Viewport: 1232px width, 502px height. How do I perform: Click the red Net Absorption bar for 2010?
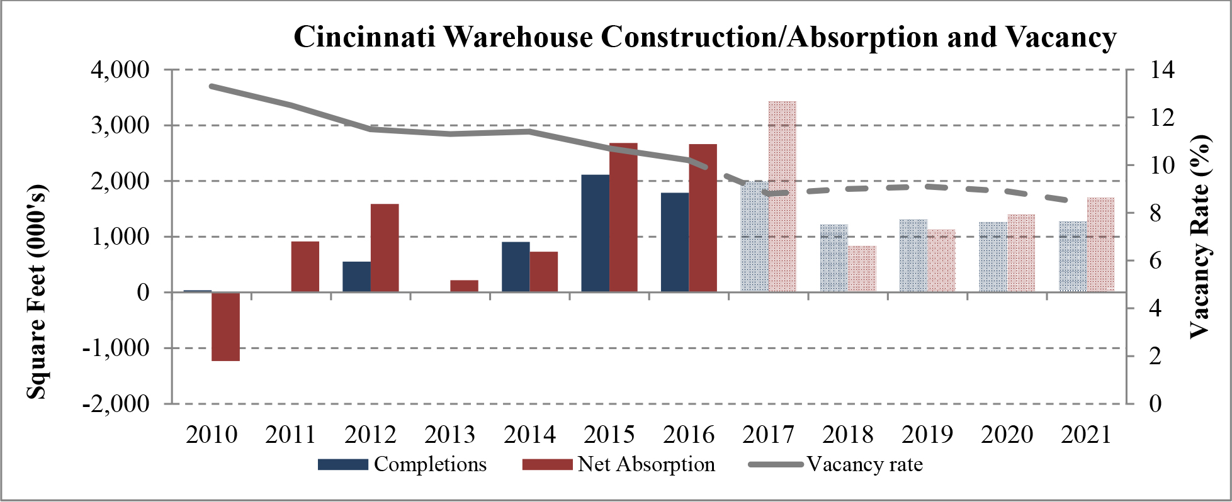coord(225,326)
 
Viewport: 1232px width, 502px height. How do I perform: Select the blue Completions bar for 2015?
coord(595,233)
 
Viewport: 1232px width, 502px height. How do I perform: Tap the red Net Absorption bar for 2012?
coord(385,248)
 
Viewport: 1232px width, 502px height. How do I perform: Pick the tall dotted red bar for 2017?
coord(783,196)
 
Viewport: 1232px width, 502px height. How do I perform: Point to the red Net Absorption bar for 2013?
coord(464,286)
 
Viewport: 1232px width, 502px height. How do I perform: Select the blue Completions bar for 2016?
coord(675,242)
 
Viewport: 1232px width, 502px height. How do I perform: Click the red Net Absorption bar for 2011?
coord(305,267)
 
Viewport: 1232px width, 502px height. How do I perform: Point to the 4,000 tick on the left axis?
coord(120,70)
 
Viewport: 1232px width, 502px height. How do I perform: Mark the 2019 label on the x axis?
coord(928,435)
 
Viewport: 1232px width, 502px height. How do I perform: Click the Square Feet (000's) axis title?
coord(37,291)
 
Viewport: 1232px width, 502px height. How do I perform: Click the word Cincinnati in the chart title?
coord(365,37)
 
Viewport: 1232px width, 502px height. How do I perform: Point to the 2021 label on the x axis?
coord(1087,435)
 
